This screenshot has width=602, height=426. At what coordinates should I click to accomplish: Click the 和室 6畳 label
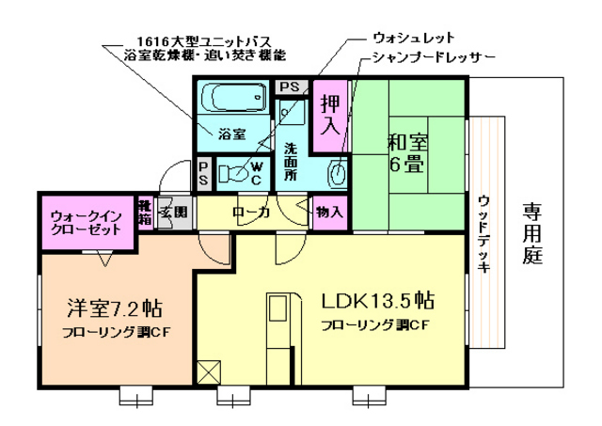tap(407, 152)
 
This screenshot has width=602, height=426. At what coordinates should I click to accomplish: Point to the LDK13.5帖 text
tap(376, 302)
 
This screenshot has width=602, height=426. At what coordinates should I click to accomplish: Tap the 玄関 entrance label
tap(174, 213)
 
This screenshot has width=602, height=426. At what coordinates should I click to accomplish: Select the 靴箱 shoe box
tap(145, 213)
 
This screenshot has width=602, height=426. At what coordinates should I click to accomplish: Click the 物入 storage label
tap(329, 213)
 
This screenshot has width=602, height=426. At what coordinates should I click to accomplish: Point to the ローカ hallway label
tap(251, 213)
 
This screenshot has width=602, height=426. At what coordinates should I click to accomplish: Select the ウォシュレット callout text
tap(414, 39)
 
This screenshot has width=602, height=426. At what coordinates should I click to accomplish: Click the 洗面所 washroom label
tap(291, 160)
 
